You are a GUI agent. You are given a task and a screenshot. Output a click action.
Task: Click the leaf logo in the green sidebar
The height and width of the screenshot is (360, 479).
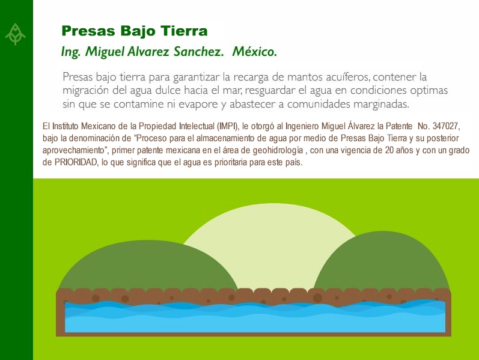coord(15,34)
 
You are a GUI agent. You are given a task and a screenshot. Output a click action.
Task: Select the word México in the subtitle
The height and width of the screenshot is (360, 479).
coord(254,51)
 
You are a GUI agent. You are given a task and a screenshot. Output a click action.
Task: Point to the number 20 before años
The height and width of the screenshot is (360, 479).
coord(389,150)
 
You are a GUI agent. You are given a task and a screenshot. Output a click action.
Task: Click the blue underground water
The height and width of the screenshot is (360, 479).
coord(255,317)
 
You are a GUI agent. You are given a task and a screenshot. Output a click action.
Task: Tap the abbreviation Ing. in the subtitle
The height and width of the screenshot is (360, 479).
coord(70,52)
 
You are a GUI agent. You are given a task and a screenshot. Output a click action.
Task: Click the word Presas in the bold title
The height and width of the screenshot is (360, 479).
coord(88,31)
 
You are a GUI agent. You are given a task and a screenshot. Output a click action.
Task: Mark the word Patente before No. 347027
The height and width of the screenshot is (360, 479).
coord(399,126)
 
